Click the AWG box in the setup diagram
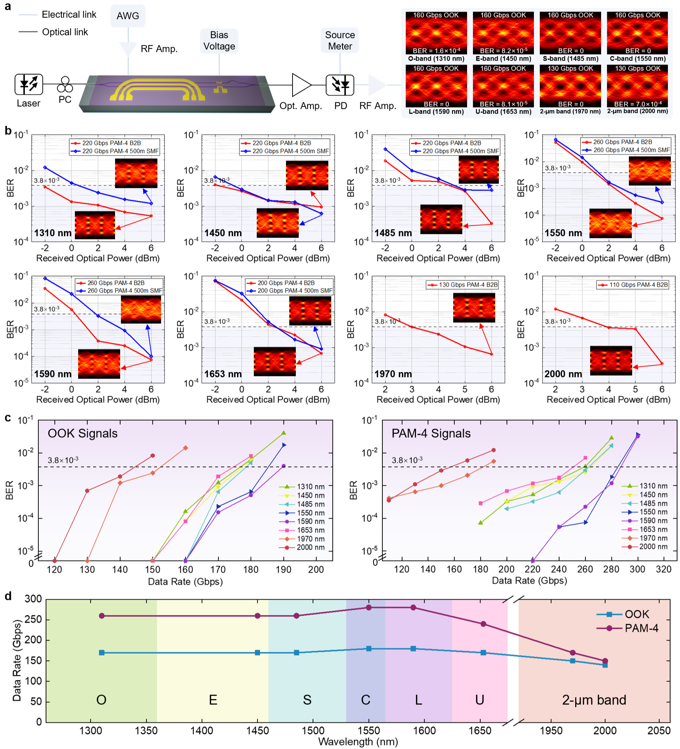(128, 16)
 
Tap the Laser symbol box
(28, 84)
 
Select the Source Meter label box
(340, 41)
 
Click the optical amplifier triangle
(301, 85)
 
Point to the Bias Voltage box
(219, 41)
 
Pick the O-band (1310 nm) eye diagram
(436, 33)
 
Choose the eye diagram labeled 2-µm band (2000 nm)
(637, 86)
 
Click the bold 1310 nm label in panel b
(53, 233)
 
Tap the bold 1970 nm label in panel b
(393, 374)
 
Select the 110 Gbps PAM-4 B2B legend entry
(633, 285)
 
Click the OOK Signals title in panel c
(83, 434)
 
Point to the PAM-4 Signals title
(431, 434)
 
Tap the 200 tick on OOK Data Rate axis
(316, 570)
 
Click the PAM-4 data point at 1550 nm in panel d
(369, 608)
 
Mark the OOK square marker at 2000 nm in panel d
(605, 665)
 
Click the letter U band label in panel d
(480, 700)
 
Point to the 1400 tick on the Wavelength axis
(202, 730)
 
